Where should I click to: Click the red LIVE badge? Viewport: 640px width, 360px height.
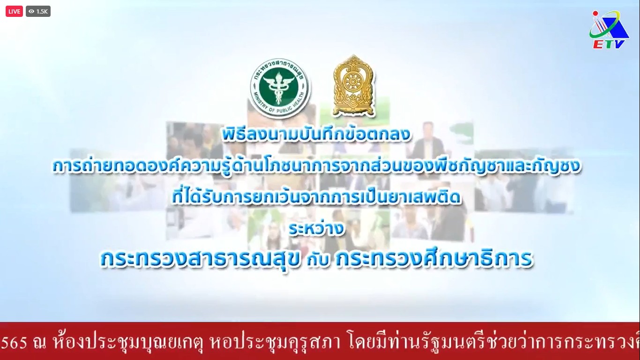point(14,11)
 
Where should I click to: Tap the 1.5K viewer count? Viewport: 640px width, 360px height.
point(42,11)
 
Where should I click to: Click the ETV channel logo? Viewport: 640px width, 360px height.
point(609,30)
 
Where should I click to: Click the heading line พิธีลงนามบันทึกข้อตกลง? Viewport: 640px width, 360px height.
point(316,135)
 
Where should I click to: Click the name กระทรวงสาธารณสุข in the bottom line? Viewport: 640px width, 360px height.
point(201,259)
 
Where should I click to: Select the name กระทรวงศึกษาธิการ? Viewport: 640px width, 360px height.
point(434,258)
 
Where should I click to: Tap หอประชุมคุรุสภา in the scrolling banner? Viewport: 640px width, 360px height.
point(275,341)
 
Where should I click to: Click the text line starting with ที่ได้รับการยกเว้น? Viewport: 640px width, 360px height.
point(316,197)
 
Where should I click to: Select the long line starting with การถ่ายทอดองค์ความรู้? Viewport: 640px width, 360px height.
point(316,166)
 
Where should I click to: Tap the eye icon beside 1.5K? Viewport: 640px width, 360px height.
point(31,11)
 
